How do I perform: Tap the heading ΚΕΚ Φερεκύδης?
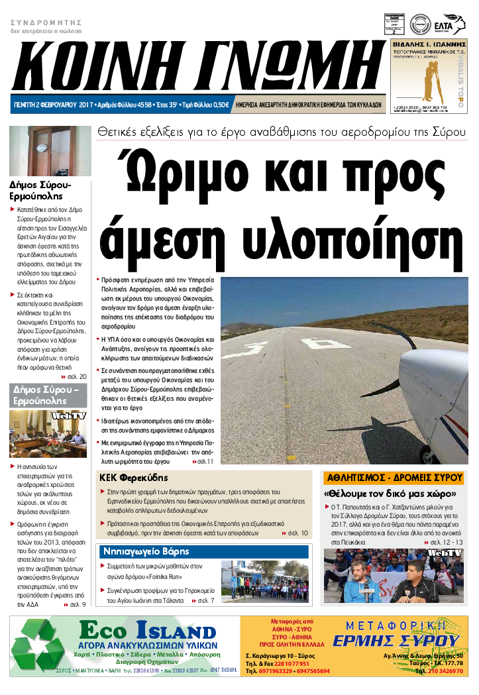pyautogui.click(x=133, y=478)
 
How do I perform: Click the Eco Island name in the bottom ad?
pyautogui.click(x=147, y=630)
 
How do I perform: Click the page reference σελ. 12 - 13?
pyautogui.click(x=447, y=543)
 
